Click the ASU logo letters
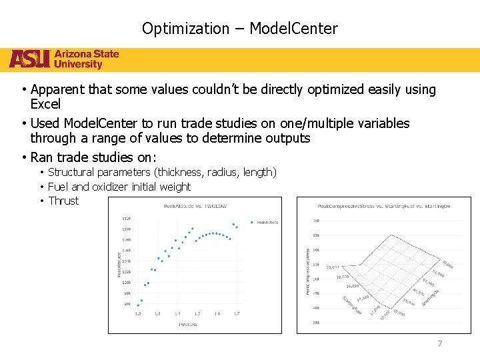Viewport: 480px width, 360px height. pos(29,59)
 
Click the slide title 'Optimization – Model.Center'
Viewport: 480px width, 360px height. pos(239,29)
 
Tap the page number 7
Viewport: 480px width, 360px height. pos(439,344)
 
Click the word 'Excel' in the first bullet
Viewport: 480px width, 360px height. pos(45,104)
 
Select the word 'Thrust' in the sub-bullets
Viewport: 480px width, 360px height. pos(63,201)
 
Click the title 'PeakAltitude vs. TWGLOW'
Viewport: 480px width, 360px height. pos(195,206)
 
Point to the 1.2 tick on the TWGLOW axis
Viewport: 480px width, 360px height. pos(138,313)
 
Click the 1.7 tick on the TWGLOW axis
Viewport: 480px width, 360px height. pos(237,313)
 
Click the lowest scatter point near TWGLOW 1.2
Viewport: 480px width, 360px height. pos(138,305)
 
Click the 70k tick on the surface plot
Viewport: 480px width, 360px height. pos(316,221)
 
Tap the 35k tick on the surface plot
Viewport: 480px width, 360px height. pos(316,322)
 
